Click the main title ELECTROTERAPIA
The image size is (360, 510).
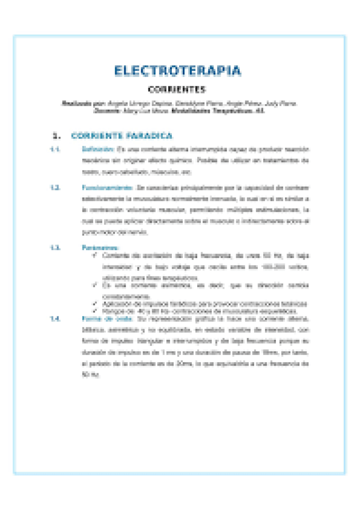click(x=178, y=71)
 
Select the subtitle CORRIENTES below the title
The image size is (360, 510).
click(x=177, y=90)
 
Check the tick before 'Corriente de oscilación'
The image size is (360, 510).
click(x=96, y=255)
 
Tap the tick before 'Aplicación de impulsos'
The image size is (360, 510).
click(x=96, y=303)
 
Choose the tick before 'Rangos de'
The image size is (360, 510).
click(x=96, y=311)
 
